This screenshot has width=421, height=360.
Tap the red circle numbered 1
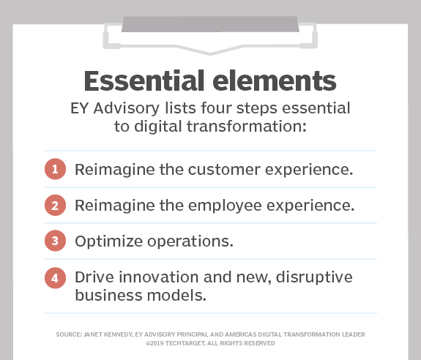54,170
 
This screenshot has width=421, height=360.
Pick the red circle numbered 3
54,241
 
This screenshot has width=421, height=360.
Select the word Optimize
103,241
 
